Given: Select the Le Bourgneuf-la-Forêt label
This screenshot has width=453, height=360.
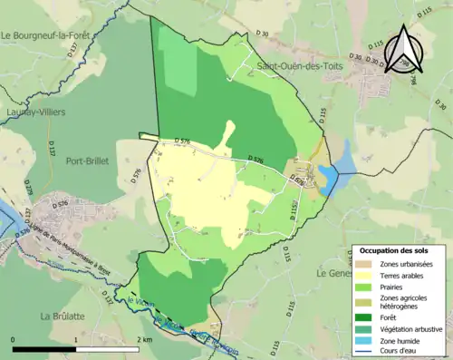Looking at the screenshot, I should coord(54,36).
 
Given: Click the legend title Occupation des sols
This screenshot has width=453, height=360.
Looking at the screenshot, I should coord(395,249).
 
